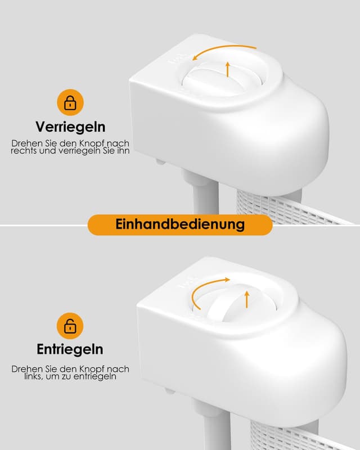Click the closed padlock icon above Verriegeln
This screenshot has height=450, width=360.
click(x=70, y=103)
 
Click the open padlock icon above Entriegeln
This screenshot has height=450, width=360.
click(x=70, y=326)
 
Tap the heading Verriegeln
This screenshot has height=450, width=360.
click(x=70, y=127)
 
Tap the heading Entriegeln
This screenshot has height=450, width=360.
click(x=70, y=349)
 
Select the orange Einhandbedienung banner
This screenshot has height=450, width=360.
click(x=180, y=224)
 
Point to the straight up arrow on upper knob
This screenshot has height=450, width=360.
click(x=227, y=69)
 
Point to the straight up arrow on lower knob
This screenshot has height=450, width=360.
click(x=246, y=299)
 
